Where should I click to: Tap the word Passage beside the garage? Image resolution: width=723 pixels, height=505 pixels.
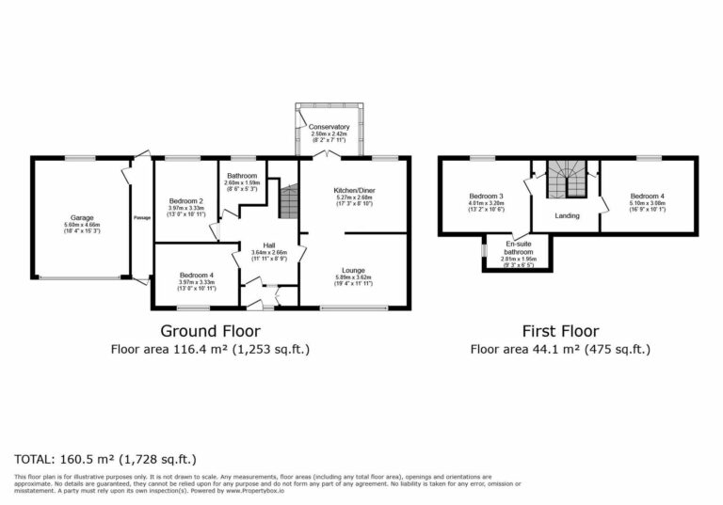point(141,219)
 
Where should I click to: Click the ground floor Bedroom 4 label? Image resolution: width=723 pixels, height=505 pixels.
point(196,276)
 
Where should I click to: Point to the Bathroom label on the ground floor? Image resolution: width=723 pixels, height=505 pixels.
point(242,176)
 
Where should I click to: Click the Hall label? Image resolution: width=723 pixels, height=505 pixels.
point(268,245)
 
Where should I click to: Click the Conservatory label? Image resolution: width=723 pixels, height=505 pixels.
point(330,127)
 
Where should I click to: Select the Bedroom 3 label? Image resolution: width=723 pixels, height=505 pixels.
point(486,197)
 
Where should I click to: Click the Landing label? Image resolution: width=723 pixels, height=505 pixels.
point(567,215)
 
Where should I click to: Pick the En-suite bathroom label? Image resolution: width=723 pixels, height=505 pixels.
point(517,247)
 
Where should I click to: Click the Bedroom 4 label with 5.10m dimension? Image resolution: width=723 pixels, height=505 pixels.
point(648,197)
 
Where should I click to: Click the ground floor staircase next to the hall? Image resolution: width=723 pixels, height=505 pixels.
point(288,200)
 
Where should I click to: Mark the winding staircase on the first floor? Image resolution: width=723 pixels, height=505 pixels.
point(567,179)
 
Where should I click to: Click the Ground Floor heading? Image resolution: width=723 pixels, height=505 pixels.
point(210,331)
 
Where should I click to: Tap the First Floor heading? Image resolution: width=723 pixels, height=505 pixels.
point(560,331)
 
